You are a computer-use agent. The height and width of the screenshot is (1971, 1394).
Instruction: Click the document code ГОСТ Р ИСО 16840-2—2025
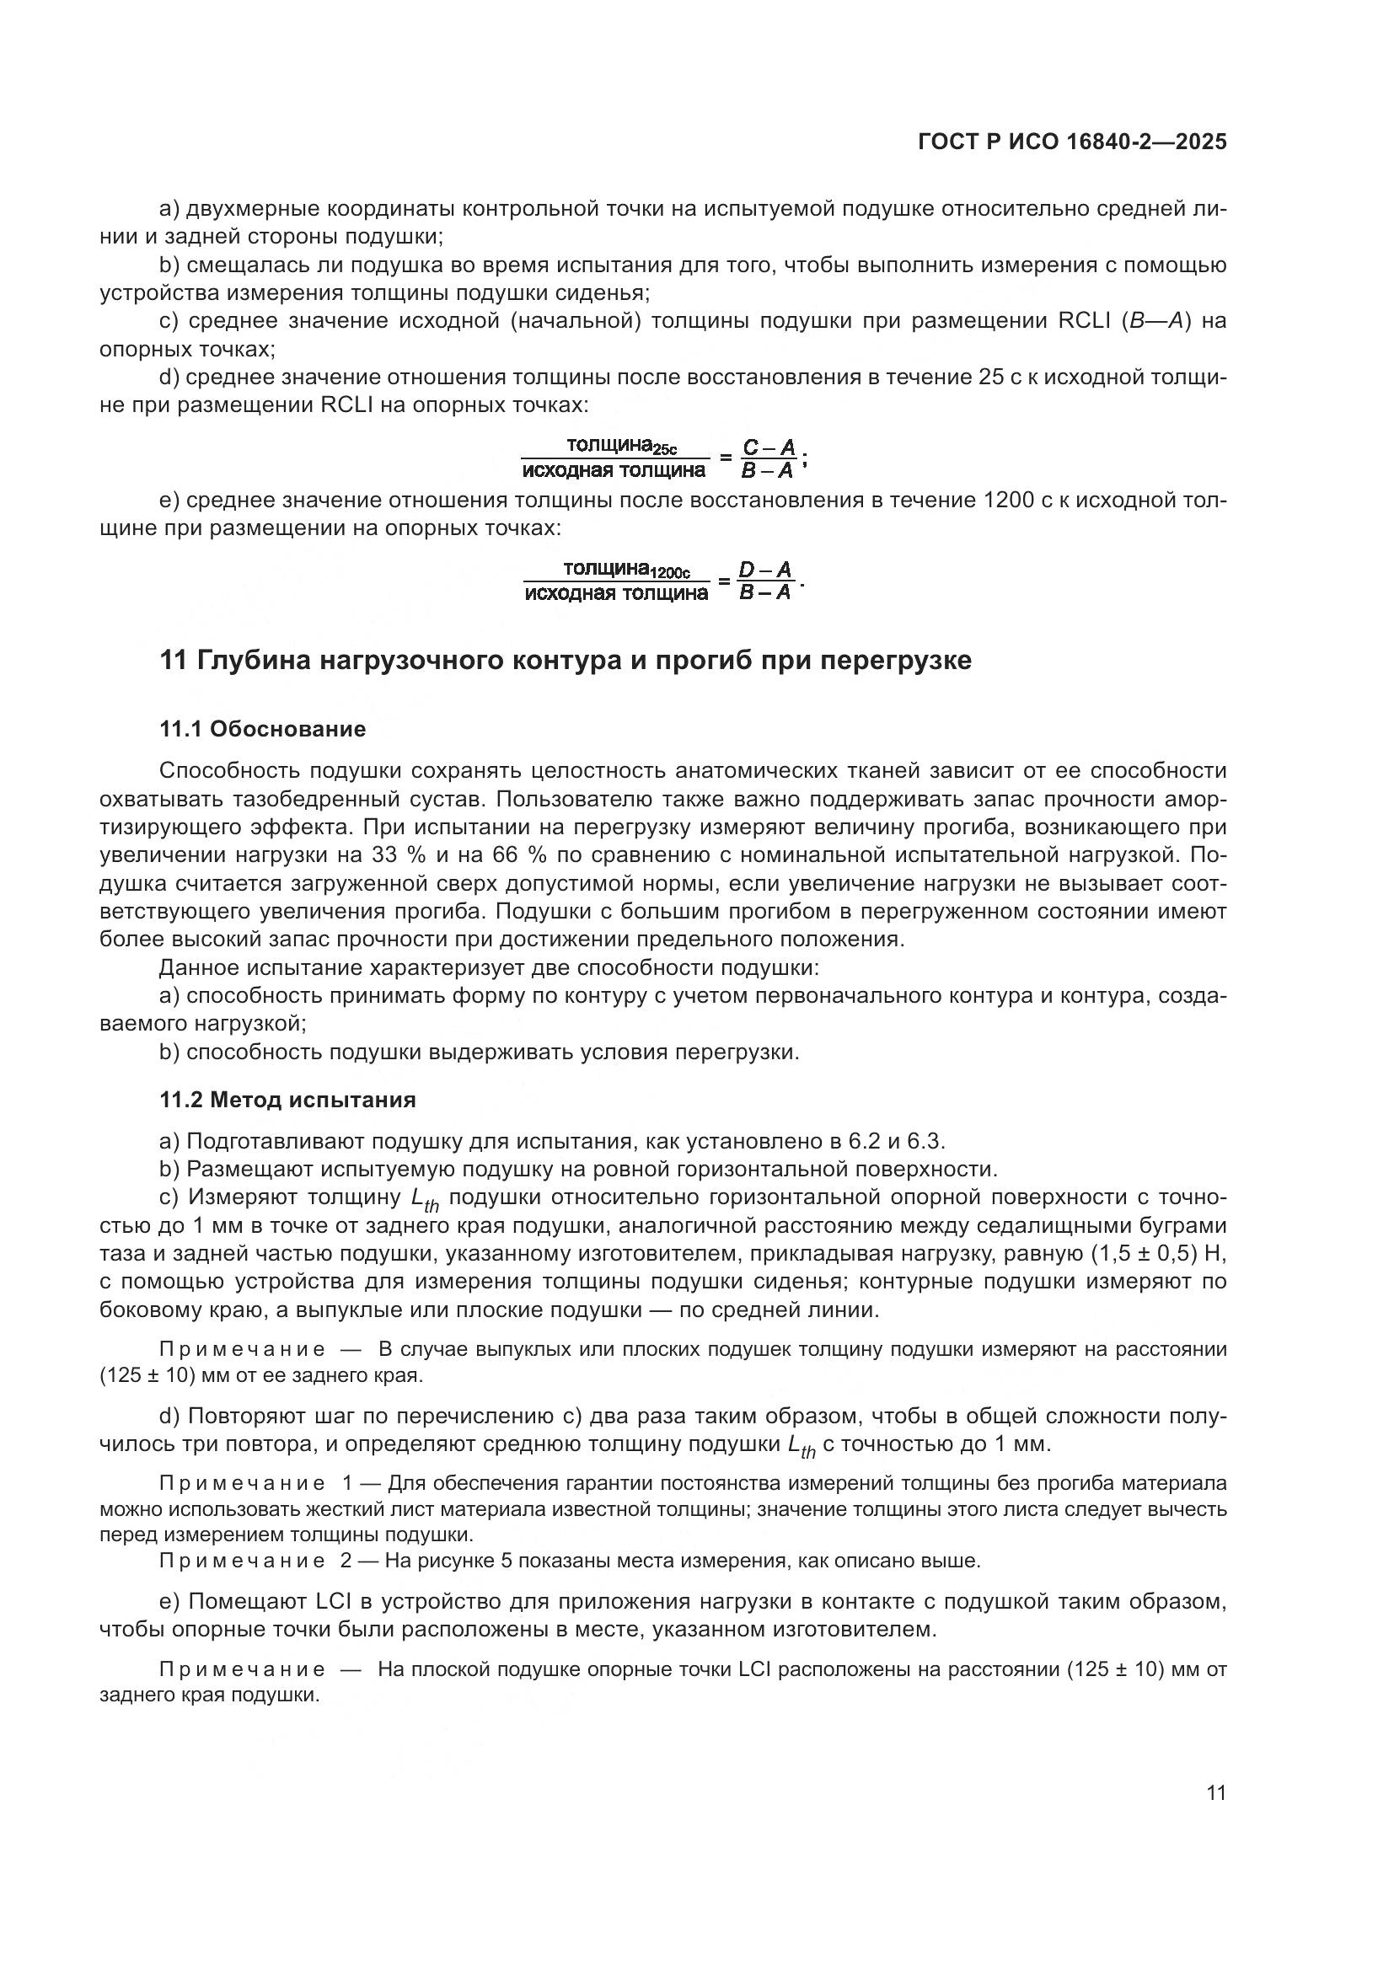(x=1071, y=142)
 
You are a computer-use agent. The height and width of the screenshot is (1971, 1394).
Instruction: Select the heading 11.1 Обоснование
(x=263, y=729)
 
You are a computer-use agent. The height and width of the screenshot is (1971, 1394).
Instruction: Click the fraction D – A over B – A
(x=765, y=581)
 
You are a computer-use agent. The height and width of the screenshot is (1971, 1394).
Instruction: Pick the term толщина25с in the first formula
(x=620, y=446)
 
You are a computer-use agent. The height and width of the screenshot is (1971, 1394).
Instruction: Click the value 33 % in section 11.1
(x=394, y=855)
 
